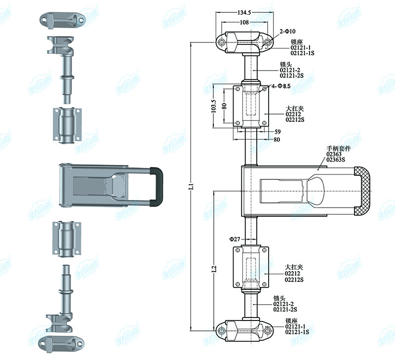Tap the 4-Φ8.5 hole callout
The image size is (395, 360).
click(x=280, y=86)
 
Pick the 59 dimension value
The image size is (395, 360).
click(x=277, y=132)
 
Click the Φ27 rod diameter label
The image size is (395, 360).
click(x=235, y=239)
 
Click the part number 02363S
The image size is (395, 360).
click(x=336, y=159)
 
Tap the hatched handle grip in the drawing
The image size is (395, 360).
click(x=364, y=191)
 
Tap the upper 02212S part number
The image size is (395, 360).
click(x=295, y=119)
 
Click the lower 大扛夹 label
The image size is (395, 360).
click(x=294, y=267)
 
